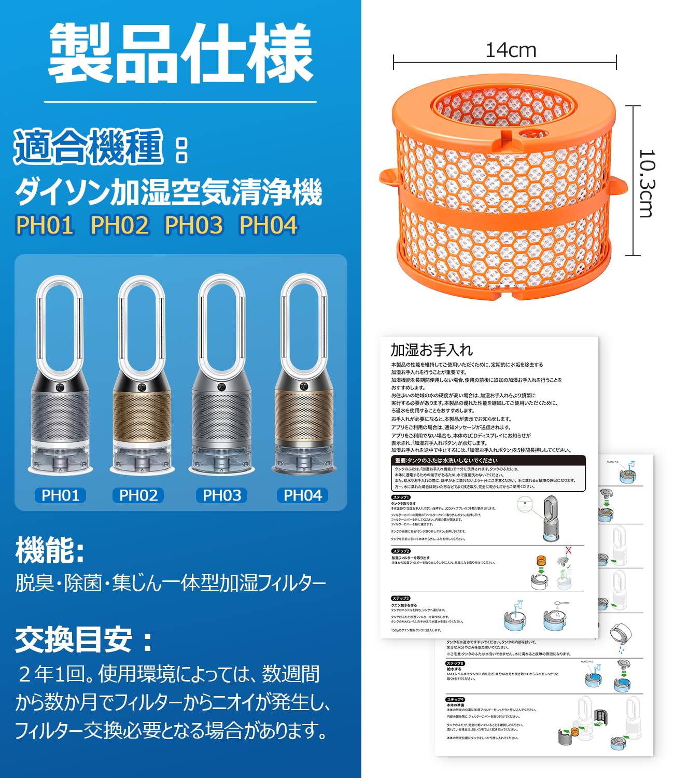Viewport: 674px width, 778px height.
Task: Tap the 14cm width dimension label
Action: click(510, 50)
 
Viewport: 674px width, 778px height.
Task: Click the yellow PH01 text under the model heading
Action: click(45, 225)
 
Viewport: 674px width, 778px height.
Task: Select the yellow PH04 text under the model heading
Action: click(268, 225)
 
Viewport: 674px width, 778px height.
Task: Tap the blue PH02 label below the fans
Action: click(138, 495)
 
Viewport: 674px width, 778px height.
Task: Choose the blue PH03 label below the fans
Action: click(221, 495)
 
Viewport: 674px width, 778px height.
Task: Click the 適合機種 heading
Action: click(88, 147)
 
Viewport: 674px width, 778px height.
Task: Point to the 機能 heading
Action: click(50, 550)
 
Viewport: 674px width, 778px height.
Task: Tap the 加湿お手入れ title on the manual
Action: click(431, 350)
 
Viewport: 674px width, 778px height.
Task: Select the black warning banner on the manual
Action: click(487, 460)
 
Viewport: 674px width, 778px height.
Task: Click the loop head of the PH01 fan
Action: click(59, 322)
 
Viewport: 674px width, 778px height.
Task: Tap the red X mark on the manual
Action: click(568, 550)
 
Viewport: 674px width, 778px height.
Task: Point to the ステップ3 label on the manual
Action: click(401, 598)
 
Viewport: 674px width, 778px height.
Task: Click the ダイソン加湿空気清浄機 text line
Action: click(168, 192)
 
